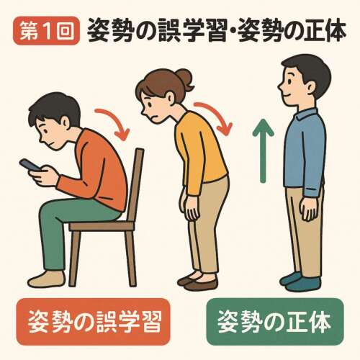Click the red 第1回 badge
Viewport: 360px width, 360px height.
coord(45,31)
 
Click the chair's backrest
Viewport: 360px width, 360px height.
coord(138,184)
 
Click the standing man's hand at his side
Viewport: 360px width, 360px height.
coord(307,210)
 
